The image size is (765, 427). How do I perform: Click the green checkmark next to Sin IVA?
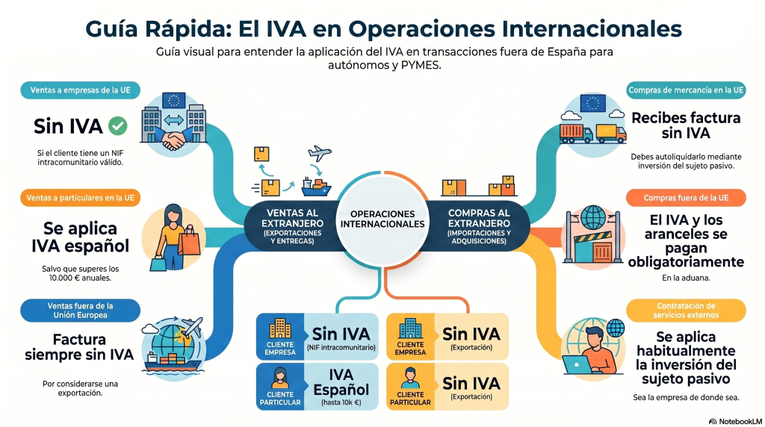117,125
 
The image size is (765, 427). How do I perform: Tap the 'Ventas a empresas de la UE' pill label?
81,90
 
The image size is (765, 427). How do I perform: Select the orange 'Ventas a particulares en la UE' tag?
81,198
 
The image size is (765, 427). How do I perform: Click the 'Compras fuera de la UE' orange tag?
686,198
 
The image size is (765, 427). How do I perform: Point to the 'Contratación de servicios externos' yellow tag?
686,311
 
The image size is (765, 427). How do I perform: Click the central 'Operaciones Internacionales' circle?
382,219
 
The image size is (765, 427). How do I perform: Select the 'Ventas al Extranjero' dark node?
292,226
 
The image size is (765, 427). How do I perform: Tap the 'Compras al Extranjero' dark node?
479,226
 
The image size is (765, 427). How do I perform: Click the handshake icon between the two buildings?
173,140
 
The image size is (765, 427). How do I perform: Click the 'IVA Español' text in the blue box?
341,382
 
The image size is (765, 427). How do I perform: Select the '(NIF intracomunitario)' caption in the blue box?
341,348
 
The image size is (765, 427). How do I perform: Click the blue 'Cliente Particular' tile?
280,387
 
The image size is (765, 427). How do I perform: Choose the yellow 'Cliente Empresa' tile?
410,337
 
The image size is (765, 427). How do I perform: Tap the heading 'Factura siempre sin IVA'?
79,347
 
